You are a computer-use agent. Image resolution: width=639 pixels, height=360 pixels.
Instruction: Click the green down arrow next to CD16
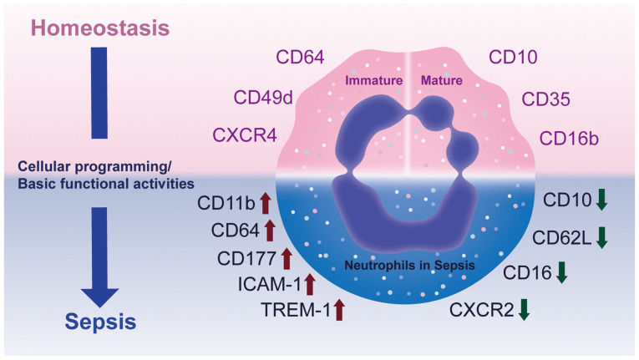[x=561, y=273]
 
